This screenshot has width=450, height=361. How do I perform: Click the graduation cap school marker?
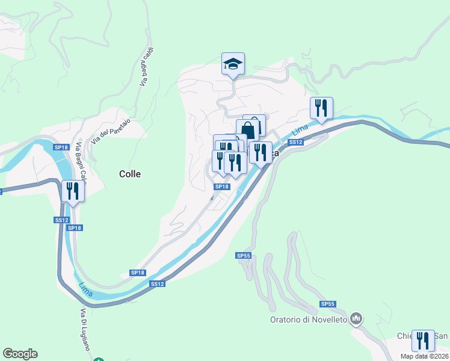click(x=232, y=64)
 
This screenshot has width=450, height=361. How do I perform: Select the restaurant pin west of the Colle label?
click(x=73, y=191)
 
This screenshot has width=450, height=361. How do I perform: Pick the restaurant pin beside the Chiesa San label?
click(x=423, y=341)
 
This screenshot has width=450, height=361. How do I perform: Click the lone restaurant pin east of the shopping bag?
click(x=321, y=108)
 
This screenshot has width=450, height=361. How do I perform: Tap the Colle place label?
click(x=130, y=174)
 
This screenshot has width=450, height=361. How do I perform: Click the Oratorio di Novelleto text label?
click(x=308, y=319)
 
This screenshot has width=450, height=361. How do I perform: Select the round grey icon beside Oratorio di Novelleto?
click(x=357, y=318)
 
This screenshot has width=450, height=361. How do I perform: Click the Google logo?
click(x=20, y=354)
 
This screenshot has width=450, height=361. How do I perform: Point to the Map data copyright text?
click(x=425, y=356)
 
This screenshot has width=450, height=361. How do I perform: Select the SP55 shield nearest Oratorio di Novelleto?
click(x=328, y=304)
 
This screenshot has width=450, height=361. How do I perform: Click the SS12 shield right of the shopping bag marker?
click(x=295, y=142)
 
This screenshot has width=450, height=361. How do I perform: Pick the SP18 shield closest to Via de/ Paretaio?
click(x=60, y=147)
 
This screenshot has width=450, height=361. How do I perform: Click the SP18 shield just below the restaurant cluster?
click(x=223, y=187)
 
